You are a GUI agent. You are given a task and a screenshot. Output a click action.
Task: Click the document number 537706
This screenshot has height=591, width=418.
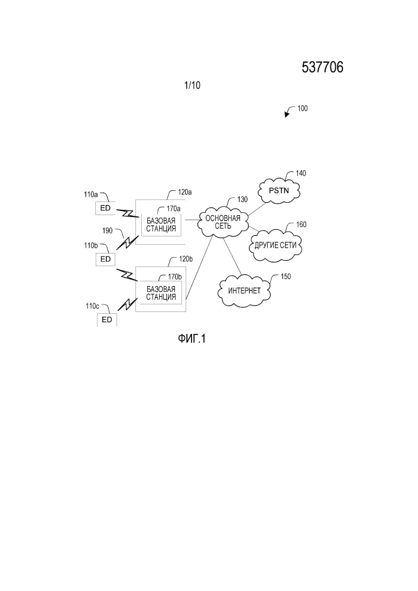(x=323, y=67)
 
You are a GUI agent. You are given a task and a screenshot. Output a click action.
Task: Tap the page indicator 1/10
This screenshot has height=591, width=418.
(x=192, y=86)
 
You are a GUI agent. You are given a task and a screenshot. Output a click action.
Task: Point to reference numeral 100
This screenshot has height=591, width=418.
(x=303, y=109)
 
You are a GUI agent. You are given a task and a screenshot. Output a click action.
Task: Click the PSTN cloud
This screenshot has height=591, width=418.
(x=279, y=191)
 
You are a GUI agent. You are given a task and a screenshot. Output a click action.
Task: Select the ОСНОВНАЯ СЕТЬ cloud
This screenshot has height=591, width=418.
(x=223, y=222)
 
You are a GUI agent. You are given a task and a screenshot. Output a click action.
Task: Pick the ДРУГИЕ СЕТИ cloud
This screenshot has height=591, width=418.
(x=276, y=246)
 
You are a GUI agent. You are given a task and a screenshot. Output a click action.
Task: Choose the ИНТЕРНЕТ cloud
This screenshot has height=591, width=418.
(x=245, y=291)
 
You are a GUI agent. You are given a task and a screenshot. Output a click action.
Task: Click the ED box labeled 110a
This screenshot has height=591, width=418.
(x=106, y=208)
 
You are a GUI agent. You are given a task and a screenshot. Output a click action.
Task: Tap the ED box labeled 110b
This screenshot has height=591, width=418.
(x=106, y=259)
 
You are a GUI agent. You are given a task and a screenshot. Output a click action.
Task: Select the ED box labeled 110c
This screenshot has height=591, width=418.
(x=107, y=320)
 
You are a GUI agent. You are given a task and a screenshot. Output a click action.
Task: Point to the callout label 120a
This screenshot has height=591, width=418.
(x=185, y=192)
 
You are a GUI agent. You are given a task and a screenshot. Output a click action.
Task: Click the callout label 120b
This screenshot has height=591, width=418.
(x=186, y=259)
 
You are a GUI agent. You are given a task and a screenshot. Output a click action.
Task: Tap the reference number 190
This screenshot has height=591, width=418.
(x=108, y=230)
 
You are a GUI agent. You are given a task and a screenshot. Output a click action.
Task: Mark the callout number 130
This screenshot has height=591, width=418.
(x=242, y=200)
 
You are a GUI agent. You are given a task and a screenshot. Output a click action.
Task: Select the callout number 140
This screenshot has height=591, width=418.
(x=301, y=173)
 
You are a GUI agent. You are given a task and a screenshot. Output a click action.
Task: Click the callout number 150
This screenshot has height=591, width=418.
(x=286, y=277)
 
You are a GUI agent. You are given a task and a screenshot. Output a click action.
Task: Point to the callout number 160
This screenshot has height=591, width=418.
(x=301, y=225)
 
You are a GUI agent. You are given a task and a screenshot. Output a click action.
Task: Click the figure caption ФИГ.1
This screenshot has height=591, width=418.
(x=192, y=339)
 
